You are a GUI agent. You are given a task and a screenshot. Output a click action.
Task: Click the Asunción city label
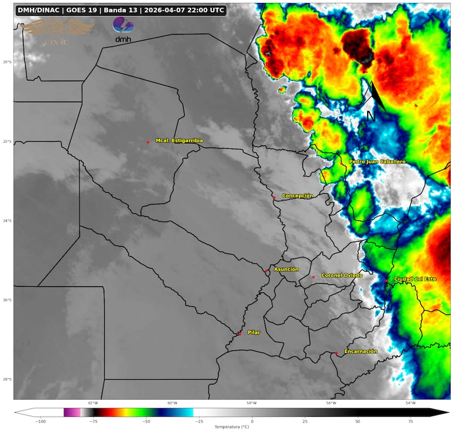coord(287,269)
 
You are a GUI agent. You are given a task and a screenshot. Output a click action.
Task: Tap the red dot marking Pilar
coord(239,334)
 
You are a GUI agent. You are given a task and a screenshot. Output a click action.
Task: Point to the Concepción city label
coord(298,196)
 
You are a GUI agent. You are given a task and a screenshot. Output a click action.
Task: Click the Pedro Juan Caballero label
coord(377,162)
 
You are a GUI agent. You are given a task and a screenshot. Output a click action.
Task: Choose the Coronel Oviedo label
coord(342,275)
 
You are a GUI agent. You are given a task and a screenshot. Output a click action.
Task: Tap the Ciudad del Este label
coord(415,279)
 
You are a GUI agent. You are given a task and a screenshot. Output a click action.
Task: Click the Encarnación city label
coord(361,351)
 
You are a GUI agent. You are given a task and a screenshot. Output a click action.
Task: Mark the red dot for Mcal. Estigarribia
coord(148,142)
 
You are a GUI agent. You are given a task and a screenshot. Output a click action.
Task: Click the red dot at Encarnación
coord(337,353)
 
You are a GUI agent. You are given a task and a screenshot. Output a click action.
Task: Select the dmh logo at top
coord(123,29)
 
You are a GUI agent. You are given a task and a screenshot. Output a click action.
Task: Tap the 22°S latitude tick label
coord(6,142)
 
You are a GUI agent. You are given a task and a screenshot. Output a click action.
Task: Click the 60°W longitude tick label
coord(172,403)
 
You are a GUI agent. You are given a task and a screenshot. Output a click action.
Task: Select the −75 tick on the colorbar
coord(93,421)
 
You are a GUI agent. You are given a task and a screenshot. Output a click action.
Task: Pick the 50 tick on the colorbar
coord(358,421)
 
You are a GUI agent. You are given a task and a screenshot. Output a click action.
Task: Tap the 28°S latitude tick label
coord(6,380)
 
